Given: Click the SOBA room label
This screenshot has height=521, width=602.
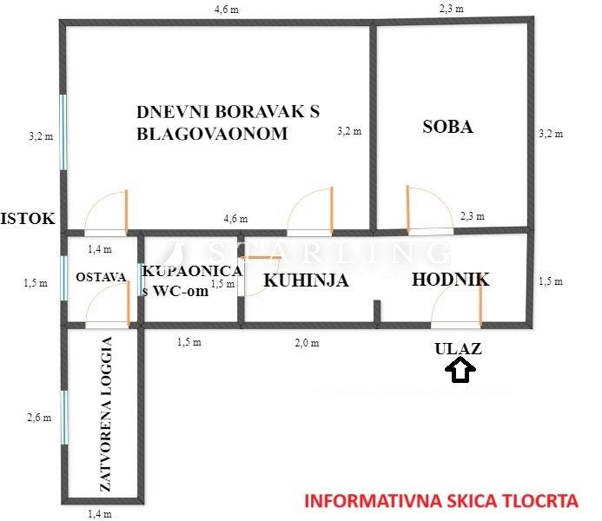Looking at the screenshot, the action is pyautogui.click(x=447, y=126).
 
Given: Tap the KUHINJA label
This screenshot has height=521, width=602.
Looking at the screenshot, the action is pyautogui.click(x=306, y=280).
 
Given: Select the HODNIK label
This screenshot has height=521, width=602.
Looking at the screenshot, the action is pyautogui.click(x=450, y=280).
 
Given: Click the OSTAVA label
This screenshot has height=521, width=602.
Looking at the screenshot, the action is pyautogui.click(x=101, y=277).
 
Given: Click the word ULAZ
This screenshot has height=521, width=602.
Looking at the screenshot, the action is pyautogui.click(x=458, y=349).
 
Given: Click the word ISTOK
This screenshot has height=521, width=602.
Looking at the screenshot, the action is pyautogui.click(x=29, y=219).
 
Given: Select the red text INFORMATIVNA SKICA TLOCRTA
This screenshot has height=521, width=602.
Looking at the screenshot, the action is pyautogui.click(x=441, y=501).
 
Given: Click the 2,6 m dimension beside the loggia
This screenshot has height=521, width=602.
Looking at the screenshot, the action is pyautogui.click(x=40, y=418).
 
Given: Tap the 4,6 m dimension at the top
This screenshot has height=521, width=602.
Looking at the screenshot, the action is pyautogui.click(x=228, y=10).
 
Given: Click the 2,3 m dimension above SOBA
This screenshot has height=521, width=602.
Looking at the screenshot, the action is pyautogui.click(x=450, y=9).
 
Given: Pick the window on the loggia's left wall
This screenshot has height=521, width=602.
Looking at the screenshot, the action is pyautogui.click(x=63, y=417).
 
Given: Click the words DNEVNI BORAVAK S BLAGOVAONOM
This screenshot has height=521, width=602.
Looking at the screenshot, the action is pyautogui.click(x=228, y=122).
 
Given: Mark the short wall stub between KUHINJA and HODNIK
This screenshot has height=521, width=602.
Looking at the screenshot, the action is pyautogui.click(x=378, y=312).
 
